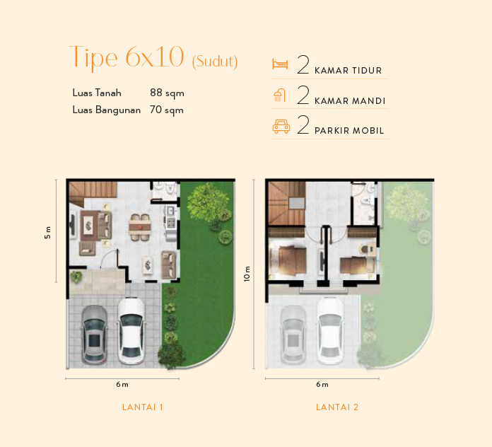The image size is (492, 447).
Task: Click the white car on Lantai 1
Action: [x=131, y=330]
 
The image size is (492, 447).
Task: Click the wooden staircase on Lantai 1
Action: [x=90, y=192]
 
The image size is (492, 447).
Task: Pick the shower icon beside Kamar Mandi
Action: [x=281, y=95]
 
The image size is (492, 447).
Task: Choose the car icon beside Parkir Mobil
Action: [x=281, y=127]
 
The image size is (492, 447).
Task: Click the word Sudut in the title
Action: [x=215, y=62]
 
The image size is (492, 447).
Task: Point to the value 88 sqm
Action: [x=167, y=93]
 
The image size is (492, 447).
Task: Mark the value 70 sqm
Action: [x=167, y=110]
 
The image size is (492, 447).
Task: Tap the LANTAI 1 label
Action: [x=143, y=407]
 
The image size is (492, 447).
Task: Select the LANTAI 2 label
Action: [x=337, y=407]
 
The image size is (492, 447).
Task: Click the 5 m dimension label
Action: [x=48, y=232]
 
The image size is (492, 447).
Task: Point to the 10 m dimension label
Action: [x=247, y=274]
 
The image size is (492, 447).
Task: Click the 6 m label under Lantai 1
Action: [x=122, y=385]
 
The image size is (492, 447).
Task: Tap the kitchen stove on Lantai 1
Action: [x=170, y=223]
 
